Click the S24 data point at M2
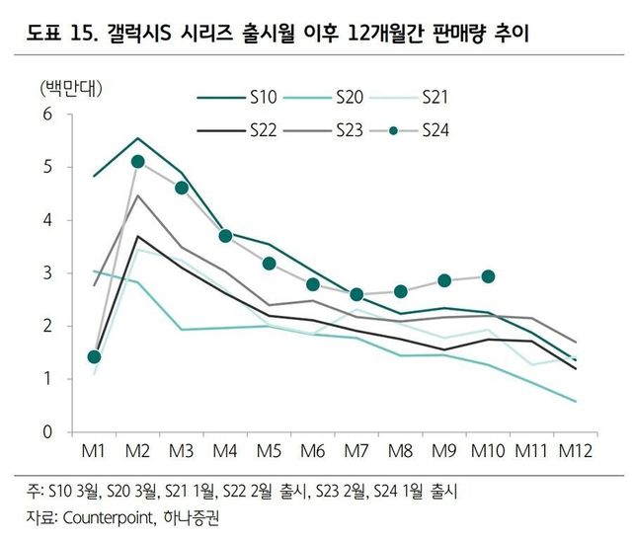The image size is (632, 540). point(138,161)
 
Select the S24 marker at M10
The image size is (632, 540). point(487,276)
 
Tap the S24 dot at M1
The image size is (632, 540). point(95,356)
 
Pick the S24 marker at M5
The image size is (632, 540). point(269,264)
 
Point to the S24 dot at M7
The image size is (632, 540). point(356,294)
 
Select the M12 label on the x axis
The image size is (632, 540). point(575,451)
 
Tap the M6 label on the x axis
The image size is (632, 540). point(313,451)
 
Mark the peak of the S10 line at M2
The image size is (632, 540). point(138,138)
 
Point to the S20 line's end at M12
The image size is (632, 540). point(575,401)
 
